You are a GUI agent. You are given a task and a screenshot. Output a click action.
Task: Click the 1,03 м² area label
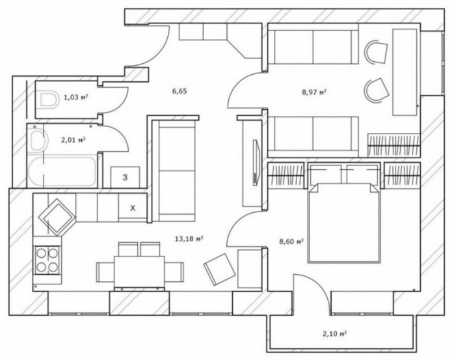(76, 98)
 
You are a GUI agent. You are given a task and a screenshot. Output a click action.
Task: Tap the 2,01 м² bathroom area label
(73, 139)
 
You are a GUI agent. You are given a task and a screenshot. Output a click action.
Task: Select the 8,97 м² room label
(314, 92)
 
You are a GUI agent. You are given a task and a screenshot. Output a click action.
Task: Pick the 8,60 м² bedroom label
(291, 242)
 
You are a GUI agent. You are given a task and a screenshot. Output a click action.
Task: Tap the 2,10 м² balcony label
(334, 334)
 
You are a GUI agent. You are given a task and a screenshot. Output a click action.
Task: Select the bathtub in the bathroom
(61, 172)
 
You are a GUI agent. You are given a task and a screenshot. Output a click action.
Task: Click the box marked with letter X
(133, 208)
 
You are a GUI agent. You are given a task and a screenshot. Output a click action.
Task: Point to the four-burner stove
(47, 259)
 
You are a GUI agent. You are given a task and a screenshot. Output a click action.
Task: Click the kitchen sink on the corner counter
(57, 215)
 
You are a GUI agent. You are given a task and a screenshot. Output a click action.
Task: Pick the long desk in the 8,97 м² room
(405, 72)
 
